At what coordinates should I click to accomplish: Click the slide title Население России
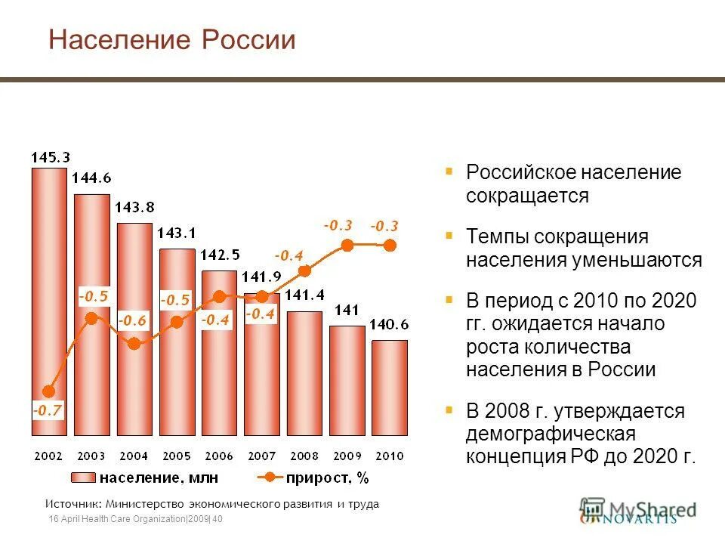(x=171, y=39)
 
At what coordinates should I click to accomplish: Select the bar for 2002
(x=49, y=302)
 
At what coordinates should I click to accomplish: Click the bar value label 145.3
(x=50, y=157)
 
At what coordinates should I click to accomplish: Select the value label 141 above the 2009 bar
(x=347, y=309)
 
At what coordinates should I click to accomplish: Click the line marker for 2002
(x=49, y=391)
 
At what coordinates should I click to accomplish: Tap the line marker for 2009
(x=347, y=245)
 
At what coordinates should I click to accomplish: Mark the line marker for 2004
(x=134, y=344)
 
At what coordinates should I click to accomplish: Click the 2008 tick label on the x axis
(x=304, y=456)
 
